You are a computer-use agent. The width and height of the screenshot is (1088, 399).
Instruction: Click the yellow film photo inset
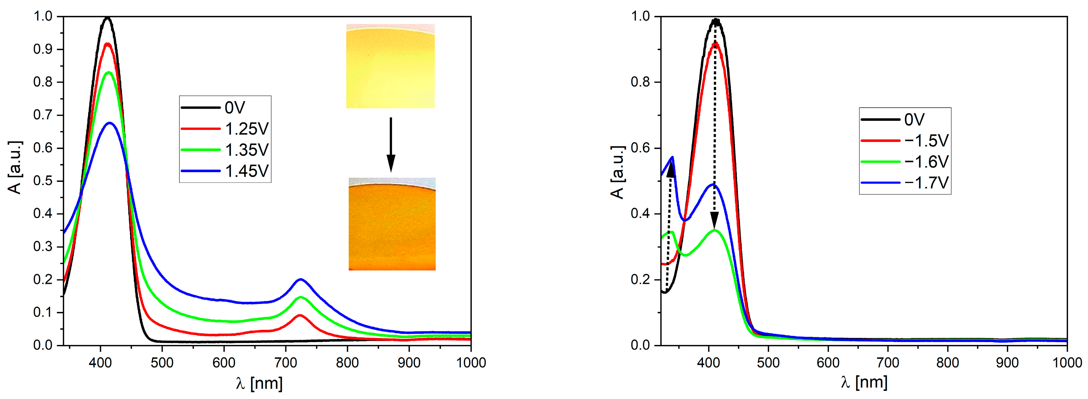click(390, 66)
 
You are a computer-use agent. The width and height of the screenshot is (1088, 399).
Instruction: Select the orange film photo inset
click(392, 224)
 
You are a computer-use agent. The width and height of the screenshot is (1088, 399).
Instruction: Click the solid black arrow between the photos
click(391, 144)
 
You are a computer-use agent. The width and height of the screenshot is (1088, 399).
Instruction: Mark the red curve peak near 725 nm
click(300, 315)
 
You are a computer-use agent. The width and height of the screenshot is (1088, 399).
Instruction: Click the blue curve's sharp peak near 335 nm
click(672, 157)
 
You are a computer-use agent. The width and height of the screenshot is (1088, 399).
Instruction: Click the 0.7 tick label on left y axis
click(43, 115)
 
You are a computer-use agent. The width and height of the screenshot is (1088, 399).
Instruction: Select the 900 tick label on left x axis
click(409, 363)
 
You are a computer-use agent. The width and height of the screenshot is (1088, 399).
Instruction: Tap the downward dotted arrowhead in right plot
click(714, 221)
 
